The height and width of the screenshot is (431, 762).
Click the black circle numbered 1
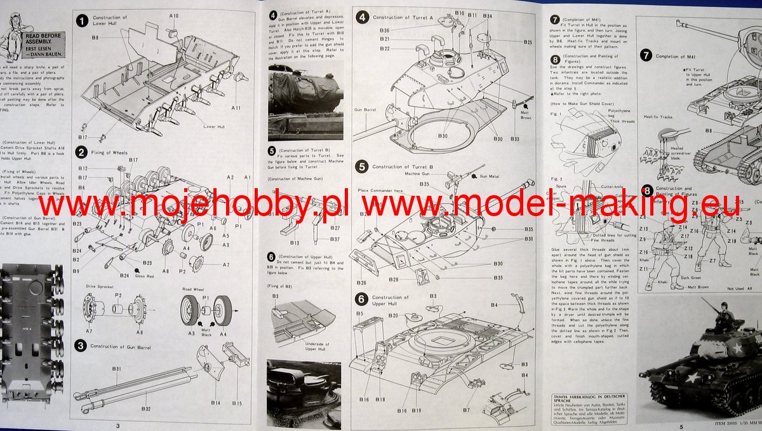(81, 21)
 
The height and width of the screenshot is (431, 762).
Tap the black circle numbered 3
(81, 345)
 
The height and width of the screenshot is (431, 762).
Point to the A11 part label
(236, 108)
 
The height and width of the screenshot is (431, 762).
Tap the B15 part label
(237, 403)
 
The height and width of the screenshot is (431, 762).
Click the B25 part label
(528, 43)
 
